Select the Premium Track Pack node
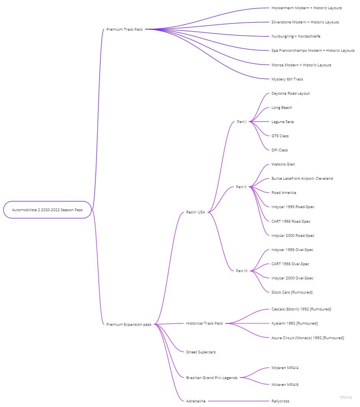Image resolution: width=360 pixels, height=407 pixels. point(124,29)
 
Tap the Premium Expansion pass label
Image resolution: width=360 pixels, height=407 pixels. point(129,324)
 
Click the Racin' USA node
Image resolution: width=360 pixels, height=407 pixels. point(195,212)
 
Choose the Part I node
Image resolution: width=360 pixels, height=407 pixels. point(241,121)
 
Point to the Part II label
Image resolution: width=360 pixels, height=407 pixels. point(241,187)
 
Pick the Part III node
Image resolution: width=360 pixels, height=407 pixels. point(242,271)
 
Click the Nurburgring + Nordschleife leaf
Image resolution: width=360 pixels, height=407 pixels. point(296,36)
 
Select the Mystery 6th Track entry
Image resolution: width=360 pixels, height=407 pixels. point(287,79)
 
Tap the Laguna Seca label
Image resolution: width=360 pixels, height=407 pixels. point(283,121)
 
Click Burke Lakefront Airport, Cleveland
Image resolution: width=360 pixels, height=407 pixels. point(302,178)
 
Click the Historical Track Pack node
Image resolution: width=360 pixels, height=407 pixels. point(205,323)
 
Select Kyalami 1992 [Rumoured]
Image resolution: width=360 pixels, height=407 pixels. point(295,323)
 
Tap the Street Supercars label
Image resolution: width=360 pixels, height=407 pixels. point(201,352)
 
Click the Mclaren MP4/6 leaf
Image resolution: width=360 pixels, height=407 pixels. point(285,384)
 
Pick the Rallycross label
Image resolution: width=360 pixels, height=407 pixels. point(280,401)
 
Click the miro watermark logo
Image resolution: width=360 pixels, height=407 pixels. point(346,397)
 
